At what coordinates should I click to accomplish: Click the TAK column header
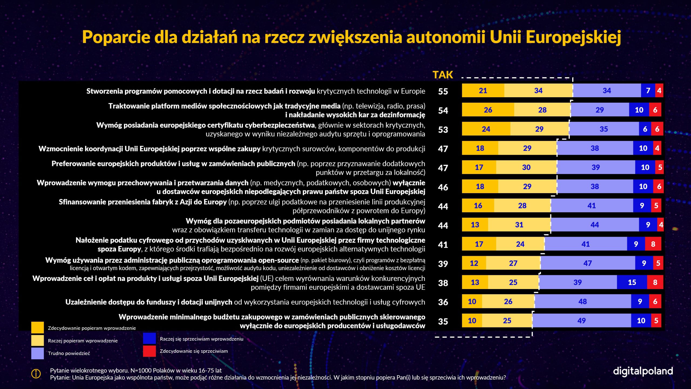[x=443, y=75]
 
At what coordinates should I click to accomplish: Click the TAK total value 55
[x=443, y=91]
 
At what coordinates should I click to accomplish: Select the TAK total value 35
[x=443, y=321]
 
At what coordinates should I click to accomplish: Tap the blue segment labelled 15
[x=632, y=282]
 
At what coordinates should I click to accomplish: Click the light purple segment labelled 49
[x=582, y=321]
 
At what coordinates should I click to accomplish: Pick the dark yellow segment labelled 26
[x=488, y=110]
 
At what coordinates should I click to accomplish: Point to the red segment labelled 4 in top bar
[x=659, y=90]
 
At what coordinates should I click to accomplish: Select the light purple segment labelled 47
[x=588, y=263]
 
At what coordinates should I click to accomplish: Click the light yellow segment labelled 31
[x=519, y=225]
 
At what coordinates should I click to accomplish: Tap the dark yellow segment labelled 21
[x=483, y=90]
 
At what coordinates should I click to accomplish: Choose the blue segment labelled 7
[x=648, y=90]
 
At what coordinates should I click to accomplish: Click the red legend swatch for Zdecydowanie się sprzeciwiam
[x=149, y=351]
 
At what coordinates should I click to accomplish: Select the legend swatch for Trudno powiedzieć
[x=38, y=353]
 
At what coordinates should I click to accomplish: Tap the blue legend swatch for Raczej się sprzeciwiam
[x=149, y=338]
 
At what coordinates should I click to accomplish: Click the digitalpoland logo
[x=643, y=371]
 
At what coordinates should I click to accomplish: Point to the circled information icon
[x=36, y=374]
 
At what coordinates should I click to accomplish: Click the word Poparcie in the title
[x=116, y=37]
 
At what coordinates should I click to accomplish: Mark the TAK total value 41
[x=443, y=245]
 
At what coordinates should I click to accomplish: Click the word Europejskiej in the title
[x=573, y=37]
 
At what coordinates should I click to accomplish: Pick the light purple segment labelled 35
[x=604, y=129]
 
